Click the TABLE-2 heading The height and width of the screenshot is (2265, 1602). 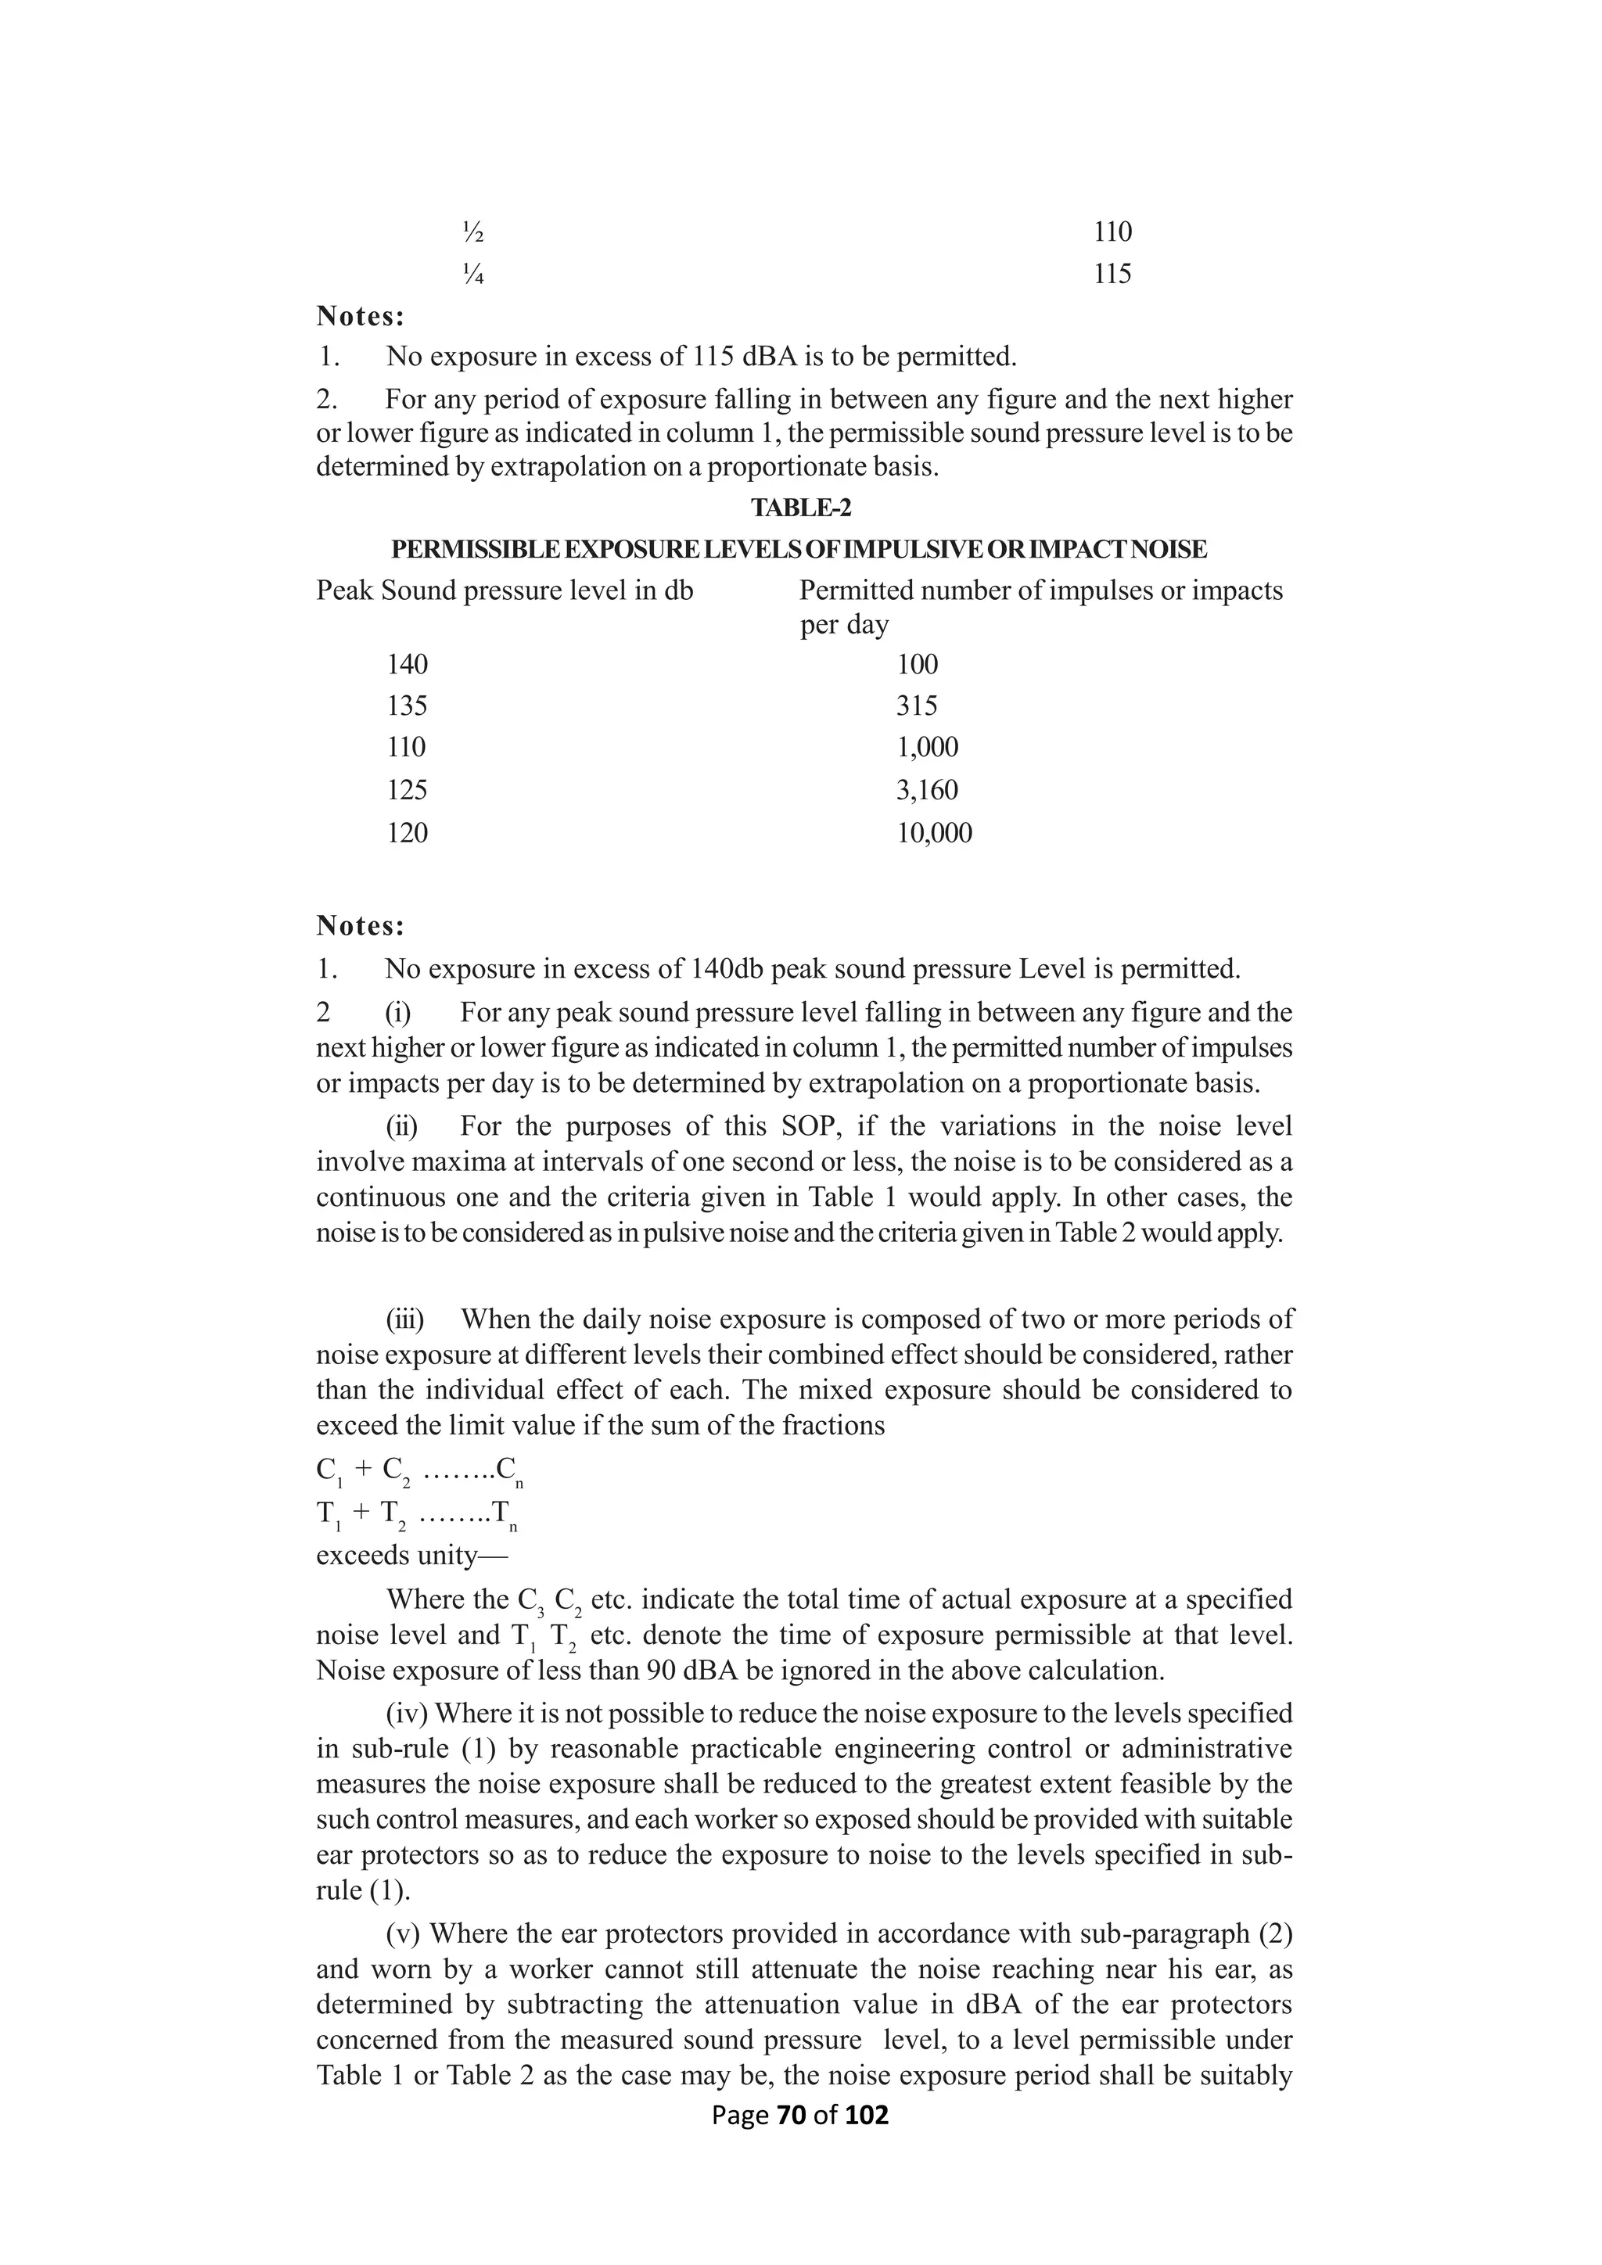point(800,508)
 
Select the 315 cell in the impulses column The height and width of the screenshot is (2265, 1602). point(917,705)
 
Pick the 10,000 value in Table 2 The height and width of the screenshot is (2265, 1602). point(933,833)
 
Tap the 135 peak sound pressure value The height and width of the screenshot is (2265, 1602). point(407,705)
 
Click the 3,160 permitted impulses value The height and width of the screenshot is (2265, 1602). point(926,790)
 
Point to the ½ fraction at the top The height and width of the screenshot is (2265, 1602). point(472,233)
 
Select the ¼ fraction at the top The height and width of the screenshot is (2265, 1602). point(472,275)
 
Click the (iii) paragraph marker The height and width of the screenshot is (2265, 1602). point(404,1319)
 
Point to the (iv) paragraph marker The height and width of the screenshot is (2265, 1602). point(404,1714)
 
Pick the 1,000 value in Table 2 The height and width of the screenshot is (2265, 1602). point(926,747)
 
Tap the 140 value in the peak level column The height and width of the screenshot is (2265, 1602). point(407,664)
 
